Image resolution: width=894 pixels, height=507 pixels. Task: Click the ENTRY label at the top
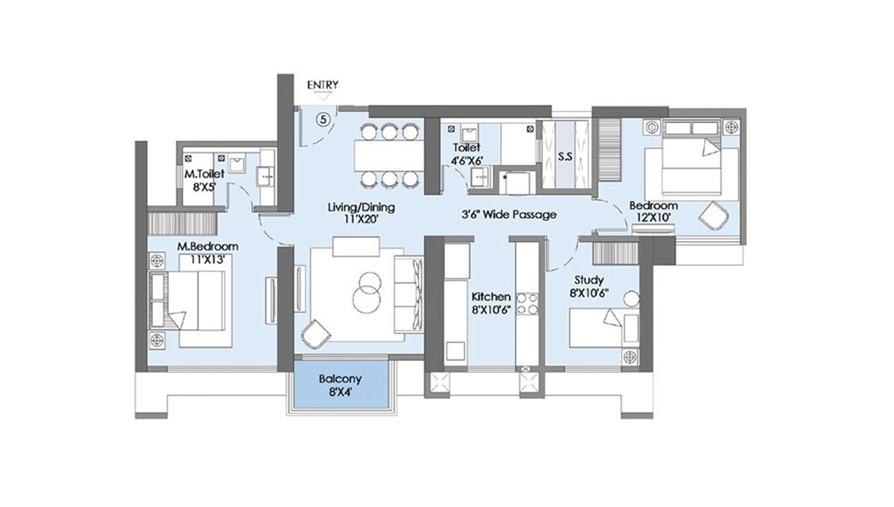(x=322, y=85)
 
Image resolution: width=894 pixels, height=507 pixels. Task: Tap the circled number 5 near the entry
(x=323, y=119)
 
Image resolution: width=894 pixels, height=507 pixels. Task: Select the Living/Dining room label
(x=361, y=207)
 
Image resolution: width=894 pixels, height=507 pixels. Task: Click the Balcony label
(x=340, y=378)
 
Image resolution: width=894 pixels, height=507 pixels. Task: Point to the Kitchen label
(x=491, y=297)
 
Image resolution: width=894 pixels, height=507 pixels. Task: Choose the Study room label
(x=589, y=280)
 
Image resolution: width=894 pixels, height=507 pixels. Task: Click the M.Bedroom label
(x=207, y=247)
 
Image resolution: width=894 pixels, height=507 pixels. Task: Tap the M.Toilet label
(x=204, y=175)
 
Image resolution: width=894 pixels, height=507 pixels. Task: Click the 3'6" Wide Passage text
(x=509, y=215)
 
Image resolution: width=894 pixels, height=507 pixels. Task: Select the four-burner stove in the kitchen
(x=527, y=304)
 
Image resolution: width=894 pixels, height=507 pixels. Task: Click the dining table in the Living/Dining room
(x=387, y=155)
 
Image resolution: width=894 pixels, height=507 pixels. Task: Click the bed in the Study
(x=597, y=328)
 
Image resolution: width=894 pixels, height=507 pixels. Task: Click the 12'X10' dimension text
(x=653, y=217)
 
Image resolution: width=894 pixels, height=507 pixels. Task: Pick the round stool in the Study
(x=631, y=299)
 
